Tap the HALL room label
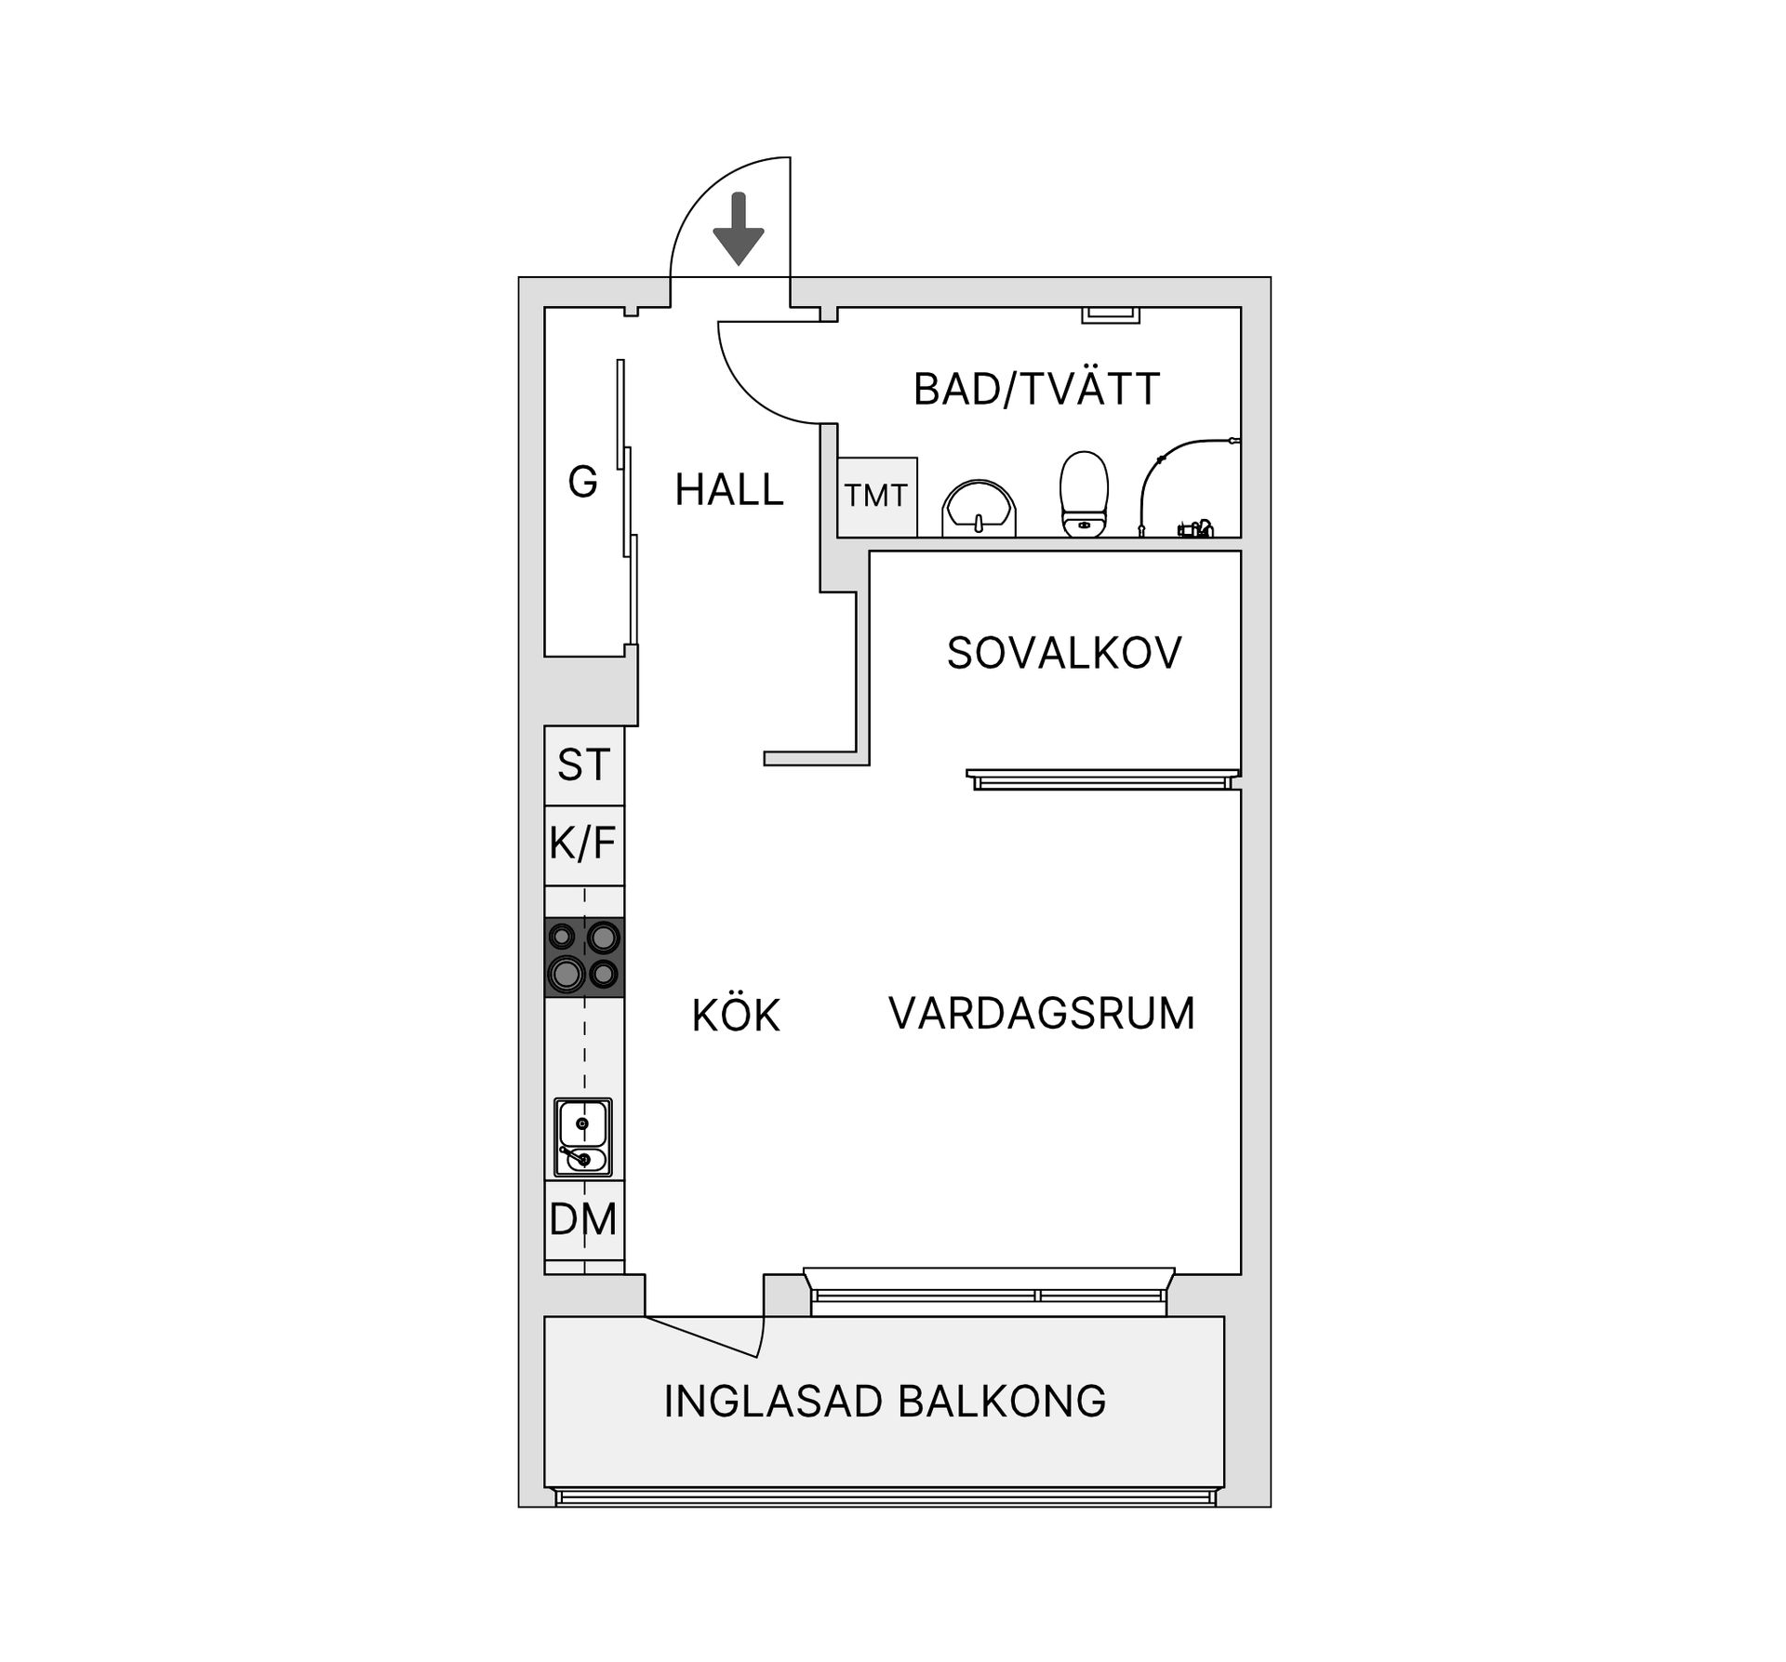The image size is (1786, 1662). coord(729,490)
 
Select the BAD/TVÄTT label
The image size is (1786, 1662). coord(1036,389)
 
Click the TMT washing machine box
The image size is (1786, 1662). coord(876,496)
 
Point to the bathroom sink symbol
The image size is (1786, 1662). coord(979,510)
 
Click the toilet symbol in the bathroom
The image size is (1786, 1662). coord(1085,493)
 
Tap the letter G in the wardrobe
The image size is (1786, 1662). coord(582,482)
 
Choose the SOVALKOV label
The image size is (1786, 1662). coord(1063,653)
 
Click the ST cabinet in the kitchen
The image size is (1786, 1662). coord(583,765)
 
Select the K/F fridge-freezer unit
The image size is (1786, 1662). coord(583,844)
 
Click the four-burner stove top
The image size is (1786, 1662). coord(583,957)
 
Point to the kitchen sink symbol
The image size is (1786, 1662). coord(583,1137)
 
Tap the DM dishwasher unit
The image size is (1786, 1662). coord(583,1219)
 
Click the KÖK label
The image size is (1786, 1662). coord(735,1016)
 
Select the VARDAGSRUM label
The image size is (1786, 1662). coord(1041,1013)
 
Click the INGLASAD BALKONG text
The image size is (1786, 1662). coord(884,1401)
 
